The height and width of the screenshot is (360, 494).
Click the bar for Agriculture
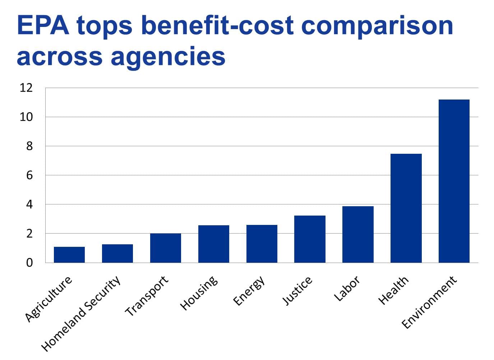click(x=69, y=255)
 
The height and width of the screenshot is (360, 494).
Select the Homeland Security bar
click(x=117, y=254)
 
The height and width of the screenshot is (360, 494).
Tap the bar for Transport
click(x=166, y=248)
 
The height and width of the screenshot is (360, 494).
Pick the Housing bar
click(x=214, y=244)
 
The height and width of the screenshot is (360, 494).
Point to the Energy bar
click(x=262, y=244)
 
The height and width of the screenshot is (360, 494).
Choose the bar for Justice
click(x=310, y=239)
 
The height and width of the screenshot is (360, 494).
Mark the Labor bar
click(x=358, y=235)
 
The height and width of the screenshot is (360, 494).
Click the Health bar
click(x=406, y=208)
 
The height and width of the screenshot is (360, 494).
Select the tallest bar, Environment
click(x=454, y=181)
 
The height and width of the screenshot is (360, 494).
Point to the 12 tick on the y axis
click(x=26, y=88)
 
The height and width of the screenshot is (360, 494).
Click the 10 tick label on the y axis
click(x=26, y=117)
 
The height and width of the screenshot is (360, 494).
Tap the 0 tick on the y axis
click(x=29, y=263)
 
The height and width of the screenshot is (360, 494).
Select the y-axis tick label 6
click(x=29, y=175)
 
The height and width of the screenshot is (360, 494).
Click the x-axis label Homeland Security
click(x=80, y=314)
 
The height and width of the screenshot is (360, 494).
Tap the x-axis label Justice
click(x=297, y=291)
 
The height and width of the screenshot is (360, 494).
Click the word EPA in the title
click(x=43, y=25)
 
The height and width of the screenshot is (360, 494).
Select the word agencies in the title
click(x=168, y=56)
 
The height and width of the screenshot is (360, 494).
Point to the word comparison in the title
click(x=377, y=25)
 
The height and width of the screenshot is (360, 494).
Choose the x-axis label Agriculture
click(x=49, y=299)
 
